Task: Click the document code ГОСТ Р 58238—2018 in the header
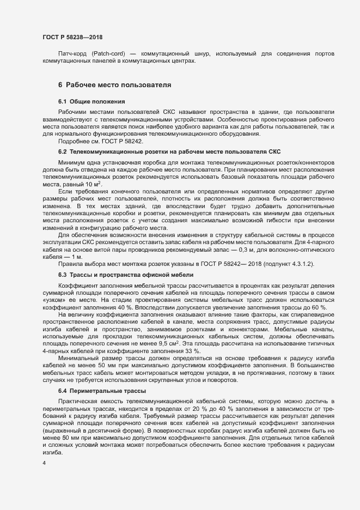(72, 37)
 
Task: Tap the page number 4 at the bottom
(44, 463)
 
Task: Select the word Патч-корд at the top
(71, 54)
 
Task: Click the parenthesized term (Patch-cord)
(108, 54)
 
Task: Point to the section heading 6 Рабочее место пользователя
(115, 85)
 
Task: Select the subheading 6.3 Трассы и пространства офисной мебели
(126, 275)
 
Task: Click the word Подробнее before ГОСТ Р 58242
(72, 141)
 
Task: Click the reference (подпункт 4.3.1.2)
(289, 264)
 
